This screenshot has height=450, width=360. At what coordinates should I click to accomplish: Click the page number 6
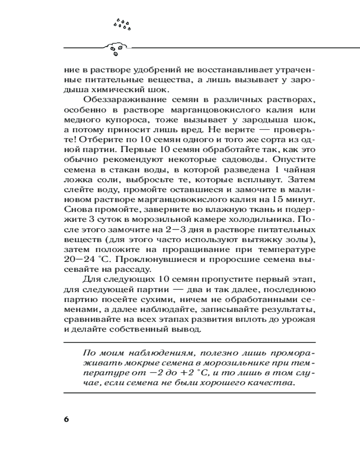[x=66, y=419]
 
